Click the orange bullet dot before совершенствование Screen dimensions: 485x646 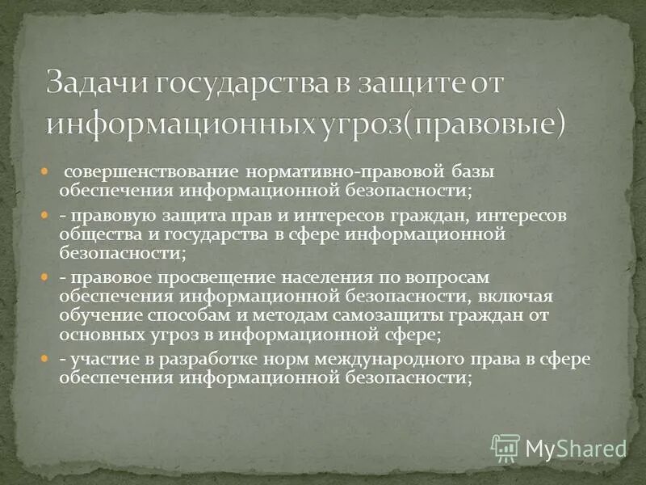pos(47,172)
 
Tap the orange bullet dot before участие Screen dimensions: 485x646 pos(47,357)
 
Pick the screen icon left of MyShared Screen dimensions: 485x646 pos(505,447)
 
